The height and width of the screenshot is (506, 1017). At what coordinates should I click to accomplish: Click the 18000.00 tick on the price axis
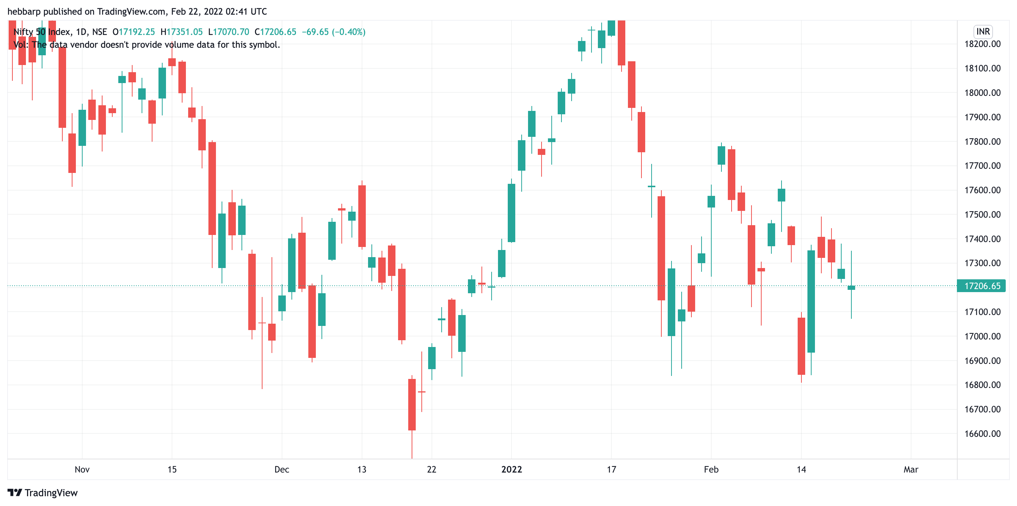(982, 93)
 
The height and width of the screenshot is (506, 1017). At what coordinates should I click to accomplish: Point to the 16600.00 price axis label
(982, 434)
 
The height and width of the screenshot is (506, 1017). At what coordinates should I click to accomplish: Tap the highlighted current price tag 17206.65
(982, 286)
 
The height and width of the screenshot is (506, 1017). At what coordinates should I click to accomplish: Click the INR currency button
(983, 32)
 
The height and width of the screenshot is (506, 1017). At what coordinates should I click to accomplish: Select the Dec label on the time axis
(282, 470)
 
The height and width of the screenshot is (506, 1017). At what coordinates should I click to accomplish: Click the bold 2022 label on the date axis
(511, 470)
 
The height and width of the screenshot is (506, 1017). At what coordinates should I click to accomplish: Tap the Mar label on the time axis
(911, 470)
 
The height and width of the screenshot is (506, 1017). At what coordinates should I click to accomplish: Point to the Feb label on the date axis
(711, 470)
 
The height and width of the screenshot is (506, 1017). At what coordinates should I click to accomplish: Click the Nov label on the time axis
(82, 470)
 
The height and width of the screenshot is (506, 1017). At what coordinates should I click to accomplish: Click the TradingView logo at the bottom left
(43, 493)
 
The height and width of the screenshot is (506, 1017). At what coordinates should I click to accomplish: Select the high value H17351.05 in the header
(182, 32)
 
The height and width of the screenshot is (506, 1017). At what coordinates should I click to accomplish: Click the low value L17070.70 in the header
(229, 32)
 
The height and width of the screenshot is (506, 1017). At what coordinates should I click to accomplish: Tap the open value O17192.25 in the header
(134, 32)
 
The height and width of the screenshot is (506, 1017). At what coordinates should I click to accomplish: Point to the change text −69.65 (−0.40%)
(333, 32)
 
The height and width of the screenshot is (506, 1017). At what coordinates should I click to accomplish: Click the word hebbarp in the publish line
(24, 11)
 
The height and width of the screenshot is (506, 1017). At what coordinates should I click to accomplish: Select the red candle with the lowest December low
(412, 404)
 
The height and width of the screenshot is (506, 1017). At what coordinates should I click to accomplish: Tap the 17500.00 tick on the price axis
(982, 215)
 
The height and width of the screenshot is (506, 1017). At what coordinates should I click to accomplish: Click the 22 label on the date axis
(432, 470)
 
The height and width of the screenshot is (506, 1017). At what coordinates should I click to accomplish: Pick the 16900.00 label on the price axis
(982, 361)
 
